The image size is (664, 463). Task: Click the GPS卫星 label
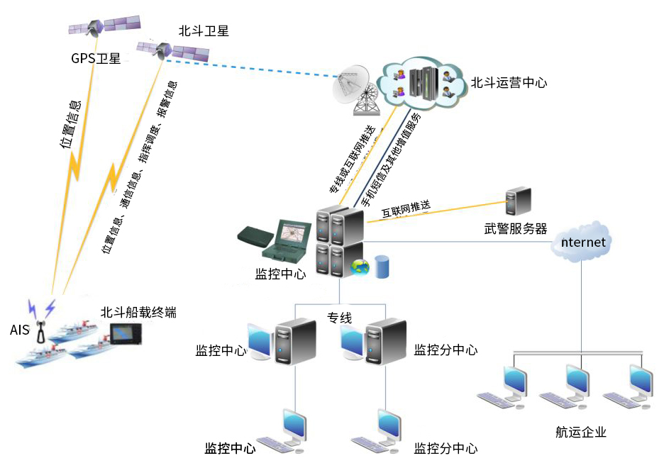[x=95, y=58]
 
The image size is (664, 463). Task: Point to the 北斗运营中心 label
[x=509, y=82]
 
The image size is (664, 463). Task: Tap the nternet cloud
[x=582, y=242]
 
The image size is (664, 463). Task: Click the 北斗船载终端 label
[x=138, y=312]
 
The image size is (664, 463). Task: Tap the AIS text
[x=19, y=330]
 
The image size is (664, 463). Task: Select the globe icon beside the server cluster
[x=360, y=268]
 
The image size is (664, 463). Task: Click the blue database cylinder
[x=382, y=267]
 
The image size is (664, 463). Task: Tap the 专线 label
[x=339, y=318]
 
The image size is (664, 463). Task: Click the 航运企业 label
[x=581, y=432]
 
